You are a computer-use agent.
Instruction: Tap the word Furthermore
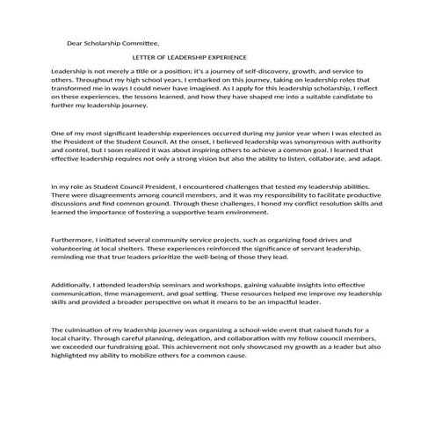tap(76, 240)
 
